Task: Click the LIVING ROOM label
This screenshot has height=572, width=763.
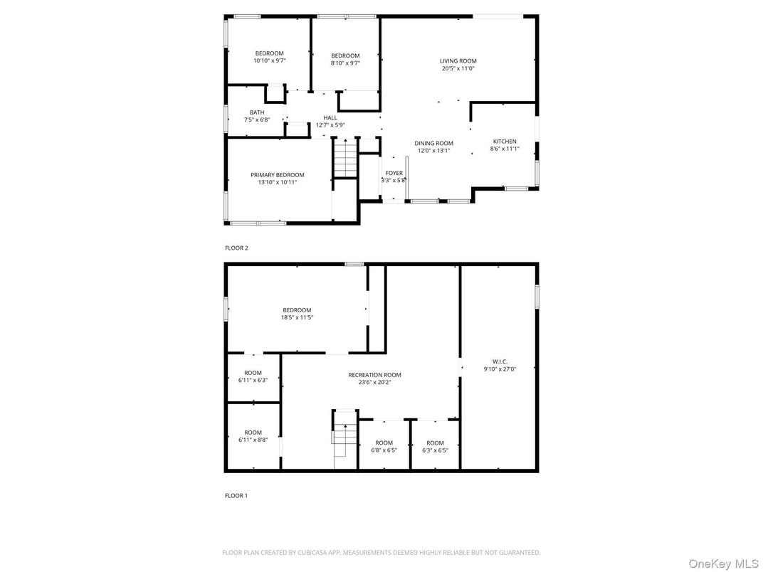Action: (x=458, y=61)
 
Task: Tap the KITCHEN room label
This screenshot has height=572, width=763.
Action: (x=505, y=142)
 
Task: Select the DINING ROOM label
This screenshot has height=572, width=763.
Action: (x=434, y=143)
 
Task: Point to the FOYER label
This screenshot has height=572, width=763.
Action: (x=394, y=173)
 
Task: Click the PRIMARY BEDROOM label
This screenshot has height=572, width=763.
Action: (x=277, y=175)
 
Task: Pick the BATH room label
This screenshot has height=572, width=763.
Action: (x=257, y=112)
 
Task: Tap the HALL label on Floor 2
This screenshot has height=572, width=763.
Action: (x=330, y=117)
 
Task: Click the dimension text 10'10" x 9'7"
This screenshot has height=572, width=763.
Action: (x=270, y=61)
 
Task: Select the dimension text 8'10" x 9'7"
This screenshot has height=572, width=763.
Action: (x=345, y=63)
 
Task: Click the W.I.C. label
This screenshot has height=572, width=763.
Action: (x=499, y=361)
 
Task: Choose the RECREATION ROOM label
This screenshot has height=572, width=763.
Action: (x=374, y=375)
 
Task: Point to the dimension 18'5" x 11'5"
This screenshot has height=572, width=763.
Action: (x=297, y=317)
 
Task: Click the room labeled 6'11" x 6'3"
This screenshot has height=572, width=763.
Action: (x=253, y=376)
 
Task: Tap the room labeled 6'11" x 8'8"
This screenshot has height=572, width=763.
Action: (x=253, y=436)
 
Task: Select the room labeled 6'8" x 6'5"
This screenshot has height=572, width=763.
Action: (x=384, y=446)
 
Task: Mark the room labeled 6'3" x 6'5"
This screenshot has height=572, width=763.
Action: (x=435, y=446)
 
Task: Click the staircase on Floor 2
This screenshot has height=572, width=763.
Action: (x=344, y=159)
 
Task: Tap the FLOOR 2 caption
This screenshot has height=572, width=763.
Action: (x=236, y=248)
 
